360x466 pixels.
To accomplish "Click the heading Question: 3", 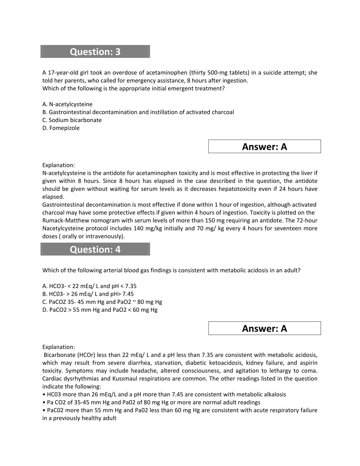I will (x=95, y=52).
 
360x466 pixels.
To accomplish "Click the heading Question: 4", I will (x=95, y=249).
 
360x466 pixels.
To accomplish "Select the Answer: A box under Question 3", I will (x=264, y=147).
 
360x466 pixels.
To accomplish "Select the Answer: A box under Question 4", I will (x=264, y=328).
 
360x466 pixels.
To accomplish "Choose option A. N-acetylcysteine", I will (x=67, y=104).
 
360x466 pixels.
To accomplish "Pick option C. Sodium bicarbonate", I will (x=72, y=120).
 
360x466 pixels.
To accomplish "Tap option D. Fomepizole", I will (x=61, y=128).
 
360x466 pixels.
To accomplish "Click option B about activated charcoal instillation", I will (x=138, y=112).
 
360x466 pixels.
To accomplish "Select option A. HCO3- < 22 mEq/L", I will (x=89, y=286).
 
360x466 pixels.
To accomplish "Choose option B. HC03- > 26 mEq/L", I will (x=88, y=294).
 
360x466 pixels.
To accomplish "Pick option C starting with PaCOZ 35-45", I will (x=102, y=302).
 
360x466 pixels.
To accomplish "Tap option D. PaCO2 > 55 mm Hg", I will (x=100, y=310).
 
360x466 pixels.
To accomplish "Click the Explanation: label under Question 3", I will (x=59, y=165).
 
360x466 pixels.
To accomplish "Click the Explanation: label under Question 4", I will (x=59, y=347).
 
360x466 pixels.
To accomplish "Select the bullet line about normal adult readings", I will (x=151, y=402).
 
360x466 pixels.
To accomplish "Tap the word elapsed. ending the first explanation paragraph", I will (x=53, y=197).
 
